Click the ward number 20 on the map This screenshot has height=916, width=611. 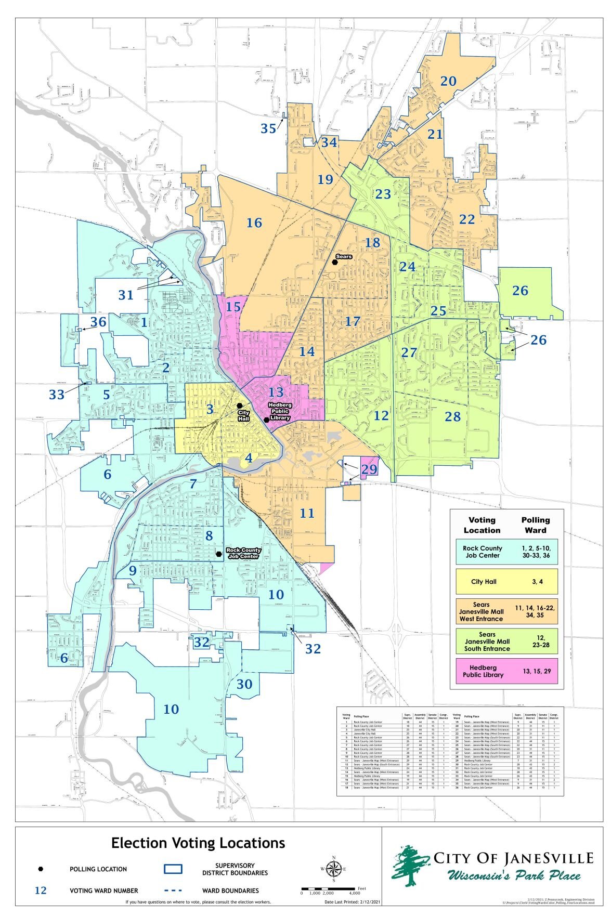tap(448, 82)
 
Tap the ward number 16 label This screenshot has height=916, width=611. tap(254, 223)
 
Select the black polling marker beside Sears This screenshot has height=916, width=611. tap(336, 263)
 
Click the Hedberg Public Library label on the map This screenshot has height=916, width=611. tap(280, 411)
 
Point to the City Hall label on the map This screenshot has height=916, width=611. tap(243, 415)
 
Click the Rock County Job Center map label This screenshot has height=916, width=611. tap(243, 553)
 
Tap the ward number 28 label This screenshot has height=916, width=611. tap(452, 416)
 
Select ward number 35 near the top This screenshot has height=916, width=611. tap(268, 128)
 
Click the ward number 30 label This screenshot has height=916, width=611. tap(244, 684)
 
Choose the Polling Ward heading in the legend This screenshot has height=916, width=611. tap(535, 525)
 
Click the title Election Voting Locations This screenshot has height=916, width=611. tap(198, 843)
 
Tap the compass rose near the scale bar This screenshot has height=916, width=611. tap(334, 868)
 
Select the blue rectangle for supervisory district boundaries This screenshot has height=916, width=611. tap(173, 869)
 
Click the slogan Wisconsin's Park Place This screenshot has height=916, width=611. tap(514, 875)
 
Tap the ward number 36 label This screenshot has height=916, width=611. tap(98, 322)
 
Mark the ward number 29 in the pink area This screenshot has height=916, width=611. tap(369, 469)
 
